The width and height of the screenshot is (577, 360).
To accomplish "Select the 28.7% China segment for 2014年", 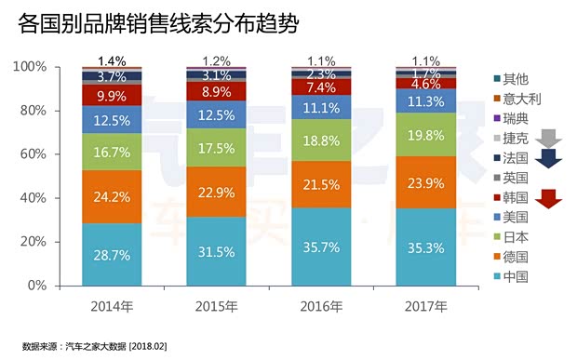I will (x=112, y=253).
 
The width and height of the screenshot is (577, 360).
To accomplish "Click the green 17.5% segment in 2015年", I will (x=217, y=147).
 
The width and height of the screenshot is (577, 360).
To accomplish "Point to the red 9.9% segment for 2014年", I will (x=112, y=94).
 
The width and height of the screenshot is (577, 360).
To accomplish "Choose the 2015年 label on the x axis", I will (x=217, y=304).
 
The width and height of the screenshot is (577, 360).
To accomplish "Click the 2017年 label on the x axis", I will (x=425, y=304).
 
